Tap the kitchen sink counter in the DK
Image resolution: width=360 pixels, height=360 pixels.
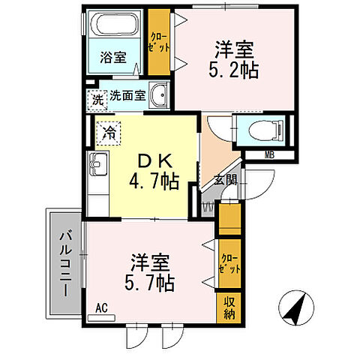coord(98,180)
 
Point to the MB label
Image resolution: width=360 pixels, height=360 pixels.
coord(268,156)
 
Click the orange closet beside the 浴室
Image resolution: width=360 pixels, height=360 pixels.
coord(158,42)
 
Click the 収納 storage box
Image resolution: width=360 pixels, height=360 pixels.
coord(229,307)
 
